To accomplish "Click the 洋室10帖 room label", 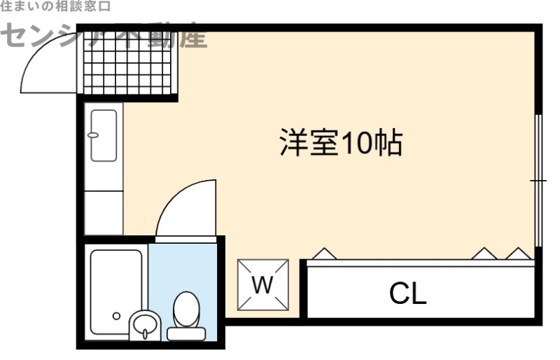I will click(341, 144).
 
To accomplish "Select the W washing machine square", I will click(262, 284).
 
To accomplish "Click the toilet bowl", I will click(186, 308).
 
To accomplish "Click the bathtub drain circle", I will click(116, 316).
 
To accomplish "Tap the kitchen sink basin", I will click(104, 135).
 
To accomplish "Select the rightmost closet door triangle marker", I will click(518, 253).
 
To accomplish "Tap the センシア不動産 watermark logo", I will click(105, 36).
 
